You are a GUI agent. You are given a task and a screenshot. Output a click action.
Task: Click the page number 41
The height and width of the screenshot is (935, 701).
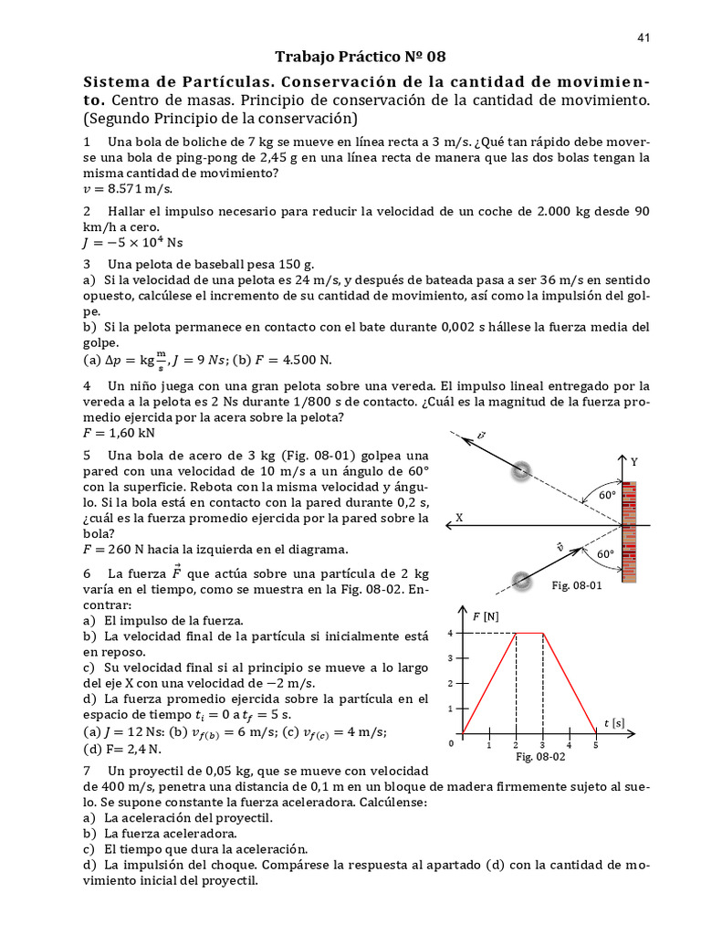(643, 37)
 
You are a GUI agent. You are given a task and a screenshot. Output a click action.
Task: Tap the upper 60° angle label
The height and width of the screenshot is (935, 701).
(607, 494)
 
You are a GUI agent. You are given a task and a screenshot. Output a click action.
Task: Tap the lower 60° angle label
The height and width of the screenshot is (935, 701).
(605, 554)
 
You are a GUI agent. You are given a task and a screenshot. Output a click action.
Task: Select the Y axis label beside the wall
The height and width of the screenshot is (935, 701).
(634, 462)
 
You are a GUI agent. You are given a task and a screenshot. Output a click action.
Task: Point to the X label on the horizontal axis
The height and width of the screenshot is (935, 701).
(459, 517)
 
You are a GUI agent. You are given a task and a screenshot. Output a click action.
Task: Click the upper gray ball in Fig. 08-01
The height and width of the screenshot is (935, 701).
(521, 471)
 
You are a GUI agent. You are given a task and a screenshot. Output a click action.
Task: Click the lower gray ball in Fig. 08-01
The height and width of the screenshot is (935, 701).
(521, 580)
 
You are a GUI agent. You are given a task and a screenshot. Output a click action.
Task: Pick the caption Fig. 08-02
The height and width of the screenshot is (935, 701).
(541, 757)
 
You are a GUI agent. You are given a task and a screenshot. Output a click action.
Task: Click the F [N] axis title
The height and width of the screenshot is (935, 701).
(486, 617)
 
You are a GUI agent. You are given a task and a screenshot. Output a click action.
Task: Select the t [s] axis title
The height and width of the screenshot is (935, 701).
(612, 723)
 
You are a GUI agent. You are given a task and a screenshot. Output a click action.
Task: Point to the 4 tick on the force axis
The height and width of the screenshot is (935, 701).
(450, 633)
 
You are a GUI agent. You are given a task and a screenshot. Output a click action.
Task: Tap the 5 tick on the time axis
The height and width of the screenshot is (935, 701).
(595, 746)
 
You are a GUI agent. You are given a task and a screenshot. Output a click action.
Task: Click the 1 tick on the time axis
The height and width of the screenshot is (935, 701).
(489, 746)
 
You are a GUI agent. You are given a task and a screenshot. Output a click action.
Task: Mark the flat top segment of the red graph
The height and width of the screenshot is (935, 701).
(529, 633)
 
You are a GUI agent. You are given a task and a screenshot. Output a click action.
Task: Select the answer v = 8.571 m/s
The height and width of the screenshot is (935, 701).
(128, 189)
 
